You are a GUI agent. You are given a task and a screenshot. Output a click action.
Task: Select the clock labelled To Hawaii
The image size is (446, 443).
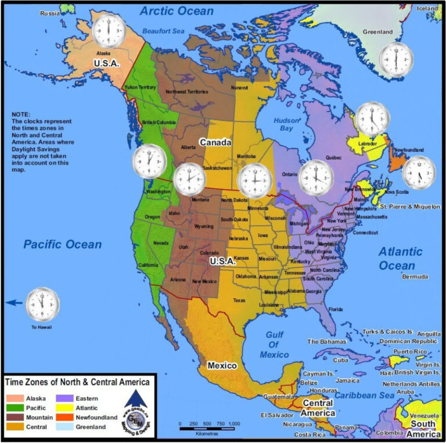(42, 304)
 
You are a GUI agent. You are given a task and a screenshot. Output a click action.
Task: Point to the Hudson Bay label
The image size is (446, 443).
(286, 124)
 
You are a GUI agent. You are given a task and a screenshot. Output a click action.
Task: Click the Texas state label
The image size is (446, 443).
(239, 300)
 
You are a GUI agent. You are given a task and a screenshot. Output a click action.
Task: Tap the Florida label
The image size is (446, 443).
(336, 309)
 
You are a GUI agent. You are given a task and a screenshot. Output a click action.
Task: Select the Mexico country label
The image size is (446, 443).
(222, 366)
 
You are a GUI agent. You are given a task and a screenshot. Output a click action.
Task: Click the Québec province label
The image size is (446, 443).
(318, 157)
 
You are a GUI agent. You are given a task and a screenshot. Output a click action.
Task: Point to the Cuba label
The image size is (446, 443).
(340, 360)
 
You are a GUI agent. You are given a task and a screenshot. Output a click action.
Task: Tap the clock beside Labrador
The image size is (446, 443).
(372, 118)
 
